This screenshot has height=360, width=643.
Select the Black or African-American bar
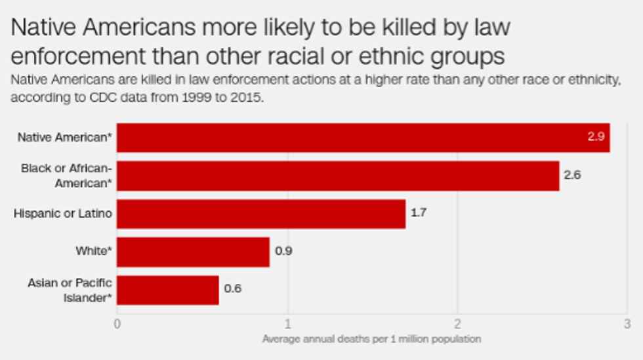pyautogui.click(x=338, y=176)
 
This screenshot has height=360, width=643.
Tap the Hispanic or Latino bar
pyautogui.click(x=261, y=214)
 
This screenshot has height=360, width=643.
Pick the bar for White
pyautogui.click(x=193, y=252)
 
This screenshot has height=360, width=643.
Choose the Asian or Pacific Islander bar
pyautogui.click(x=168, y=290)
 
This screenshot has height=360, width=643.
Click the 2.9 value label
pyautogui.click(x=596, y=138)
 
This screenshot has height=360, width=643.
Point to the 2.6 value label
pyautogui.click(x=572, y=176)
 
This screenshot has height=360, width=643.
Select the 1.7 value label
pyautogui.click(x=419, y=214)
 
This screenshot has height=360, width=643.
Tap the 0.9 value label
pyautogui.click(x=283, y=252)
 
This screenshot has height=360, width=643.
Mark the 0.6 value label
pyautogui.click(x=232, y=289)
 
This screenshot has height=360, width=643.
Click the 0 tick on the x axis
pyautogui.click(x=117, y=324)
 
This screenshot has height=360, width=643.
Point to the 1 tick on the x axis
pyautogui.click(x=287, y=324)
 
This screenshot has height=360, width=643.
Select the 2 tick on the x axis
pyautogui.click(x=457, y=324)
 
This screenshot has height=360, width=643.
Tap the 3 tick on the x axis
pyautogui.click(x=627, y=324)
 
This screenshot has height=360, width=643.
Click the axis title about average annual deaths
pyautogui.click(x=371, y=339)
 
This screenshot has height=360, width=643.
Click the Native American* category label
pyautogui.click(x=64, y=138)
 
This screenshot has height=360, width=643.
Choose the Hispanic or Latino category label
pyautogui.click(x=62, y=214)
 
